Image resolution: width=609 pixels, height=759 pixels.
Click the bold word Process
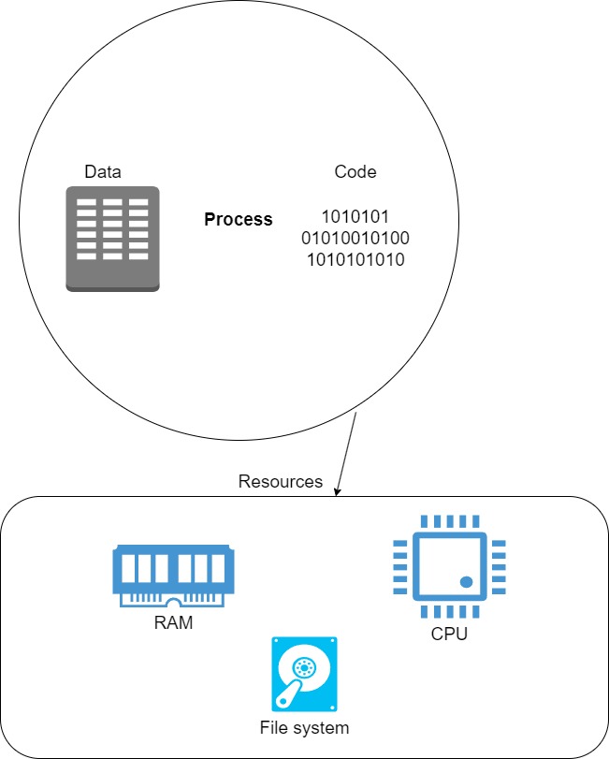pos(239,220)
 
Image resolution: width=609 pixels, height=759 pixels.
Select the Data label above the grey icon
pos(103,172)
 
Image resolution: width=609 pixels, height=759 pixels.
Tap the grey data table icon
pos(112,238)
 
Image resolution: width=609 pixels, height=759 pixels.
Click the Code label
pos(355,172)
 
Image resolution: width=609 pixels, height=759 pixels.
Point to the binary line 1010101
pos(355,217)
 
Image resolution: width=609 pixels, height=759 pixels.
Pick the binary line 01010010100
pos(355,238)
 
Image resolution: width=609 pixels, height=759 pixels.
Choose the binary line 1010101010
pos(355,259)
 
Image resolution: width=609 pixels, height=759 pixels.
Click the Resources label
pos(281,482)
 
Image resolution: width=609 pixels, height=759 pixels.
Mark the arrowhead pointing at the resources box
pos(338,491)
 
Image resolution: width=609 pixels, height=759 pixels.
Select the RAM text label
pos(173,622)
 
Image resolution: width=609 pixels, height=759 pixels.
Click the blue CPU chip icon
pos(448,566)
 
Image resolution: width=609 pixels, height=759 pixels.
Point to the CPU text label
pos(449,635)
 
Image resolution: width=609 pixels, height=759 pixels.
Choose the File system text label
pos(304,727)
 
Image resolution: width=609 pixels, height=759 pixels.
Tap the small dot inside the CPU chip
pos(466,582)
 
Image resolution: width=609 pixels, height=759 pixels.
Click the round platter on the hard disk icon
pos(306,666)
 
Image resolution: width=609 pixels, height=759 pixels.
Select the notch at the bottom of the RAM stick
pos(173,601)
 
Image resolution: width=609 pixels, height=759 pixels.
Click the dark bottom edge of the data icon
pos(112,287)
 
